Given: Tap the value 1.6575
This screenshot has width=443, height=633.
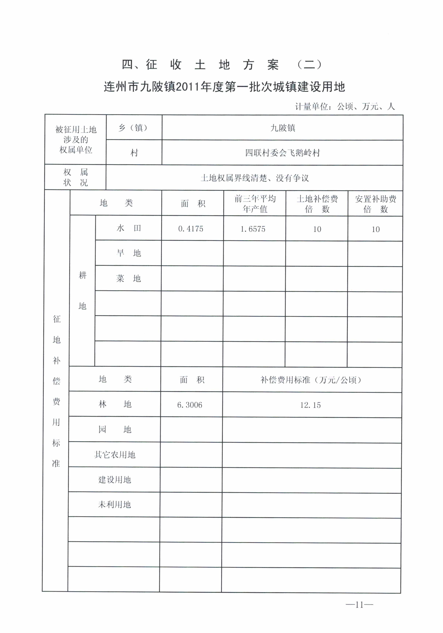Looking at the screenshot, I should pyautogui.click(x=253, y=229).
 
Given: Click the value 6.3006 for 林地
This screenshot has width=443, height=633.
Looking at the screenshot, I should pyautogui.click(x=190, y=405).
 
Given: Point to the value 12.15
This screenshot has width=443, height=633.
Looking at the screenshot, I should pyautogui.click(x=311, y=405).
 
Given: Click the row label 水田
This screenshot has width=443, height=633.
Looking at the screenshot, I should pyautogui.click(x=129, y=228).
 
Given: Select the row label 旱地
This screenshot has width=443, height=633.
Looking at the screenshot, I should pyautogui.click(x=129, y=253).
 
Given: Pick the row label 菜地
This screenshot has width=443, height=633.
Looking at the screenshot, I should pyautogui.click(x=129, y=278).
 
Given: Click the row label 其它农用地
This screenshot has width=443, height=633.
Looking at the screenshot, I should pyautogui.click(x=115, y=455).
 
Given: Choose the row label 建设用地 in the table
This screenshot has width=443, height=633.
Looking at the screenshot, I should pyautogui.click(x=115, y=480).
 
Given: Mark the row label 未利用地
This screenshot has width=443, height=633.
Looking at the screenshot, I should pyautogui.click(x=115, y=504).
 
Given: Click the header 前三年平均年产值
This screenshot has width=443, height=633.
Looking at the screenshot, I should pyautogui.click(x=255, y=204).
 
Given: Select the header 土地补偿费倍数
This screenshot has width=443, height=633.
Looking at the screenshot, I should pyautogui.click(x=317, y=204).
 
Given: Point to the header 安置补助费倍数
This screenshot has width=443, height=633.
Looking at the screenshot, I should pyautogui.click(x=375, y=204).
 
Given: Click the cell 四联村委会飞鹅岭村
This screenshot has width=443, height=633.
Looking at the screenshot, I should pyautogui.click(x=282, y=153).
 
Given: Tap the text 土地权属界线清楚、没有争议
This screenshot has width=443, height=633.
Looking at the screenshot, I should pyautogui.click(x=254, y=178).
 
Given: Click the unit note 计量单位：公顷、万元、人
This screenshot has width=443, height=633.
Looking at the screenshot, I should pyautogui.click(x=345, y=106).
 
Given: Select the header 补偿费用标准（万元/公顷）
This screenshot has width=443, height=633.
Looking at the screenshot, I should pyautogui.click(x=311, y=380).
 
